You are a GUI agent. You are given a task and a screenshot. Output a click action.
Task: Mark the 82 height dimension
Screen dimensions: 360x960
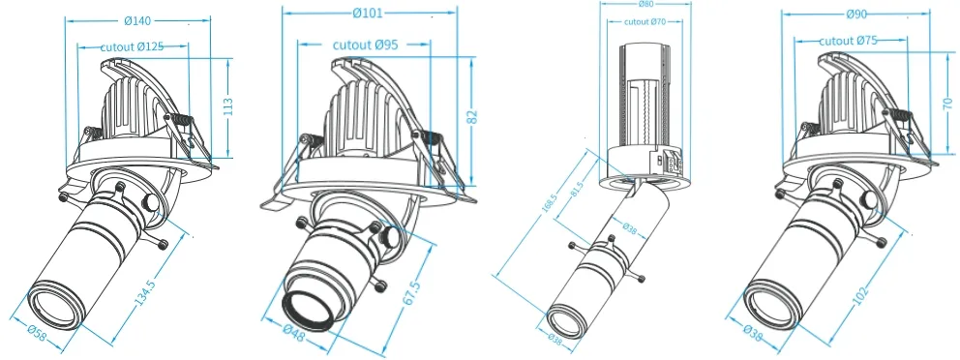(472, 116)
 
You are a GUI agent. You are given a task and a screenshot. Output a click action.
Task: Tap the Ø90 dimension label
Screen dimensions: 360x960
(855, 15)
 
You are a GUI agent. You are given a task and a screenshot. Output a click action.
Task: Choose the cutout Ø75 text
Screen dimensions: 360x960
(850, 41)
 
